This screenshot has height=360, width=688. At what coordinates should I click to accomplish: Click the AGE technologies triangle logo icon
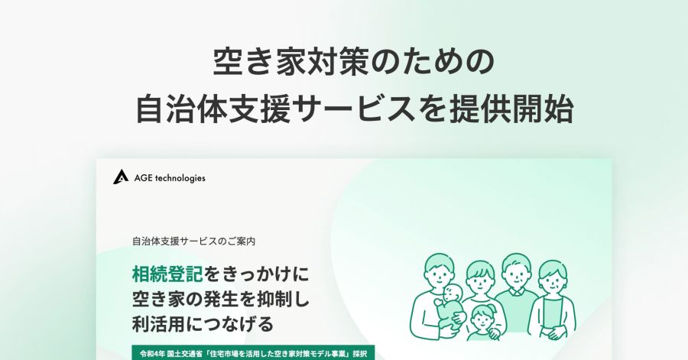click(120, 177)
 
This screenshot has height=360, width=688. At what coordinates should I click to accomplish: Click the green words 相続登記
click(167, 274)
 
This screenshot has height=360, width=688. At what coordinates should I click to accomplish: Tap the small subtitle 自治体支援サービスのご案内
click(193, 242)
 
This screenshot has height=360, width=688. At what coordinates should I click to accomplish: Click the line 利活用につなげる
click(203, 324)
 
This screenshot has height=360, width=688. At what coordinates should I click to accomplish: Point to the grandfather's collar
click(517, 292)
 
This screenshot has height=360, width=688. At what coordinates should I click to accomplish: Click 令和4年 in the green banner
click(152, 353)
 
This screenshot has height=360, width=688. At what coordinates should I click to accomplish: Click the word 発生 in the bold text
click(215, 300)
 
